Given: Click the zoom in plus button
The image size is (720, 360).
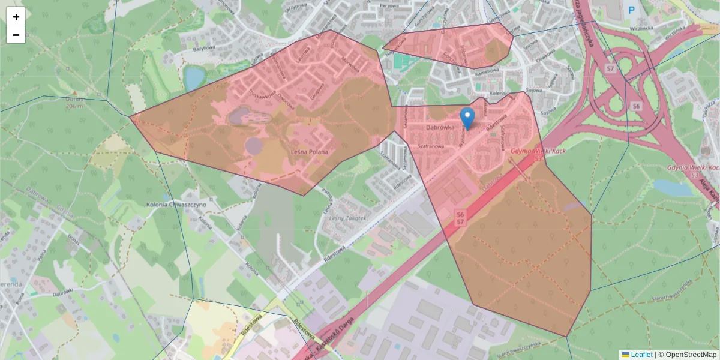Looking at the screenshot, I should [x=16, y=17].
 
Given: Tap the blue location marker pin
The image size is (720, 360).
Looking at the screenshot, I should [x=467, y=118].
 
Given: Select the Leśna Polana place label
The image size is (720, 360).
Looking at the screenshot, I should [x=310, y=152].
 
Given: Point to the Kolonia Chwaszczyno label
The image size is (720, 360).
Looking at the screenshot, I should [x=176, y=205].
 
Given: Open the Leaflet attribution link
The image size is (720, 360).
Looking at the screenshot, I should [x=641, y=355].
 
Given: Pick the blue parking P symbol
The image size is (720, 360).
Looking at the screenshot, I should [x=631, y=10].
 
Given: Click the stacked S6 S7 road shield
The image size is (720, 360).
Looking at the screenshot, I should [x=460, y=218].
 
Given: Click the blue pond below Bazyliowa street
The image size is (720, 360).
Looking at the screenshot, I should [x=194, y=77].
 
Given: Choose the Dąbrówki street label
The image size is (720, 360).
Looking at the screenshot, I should [x=62, y=294].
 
